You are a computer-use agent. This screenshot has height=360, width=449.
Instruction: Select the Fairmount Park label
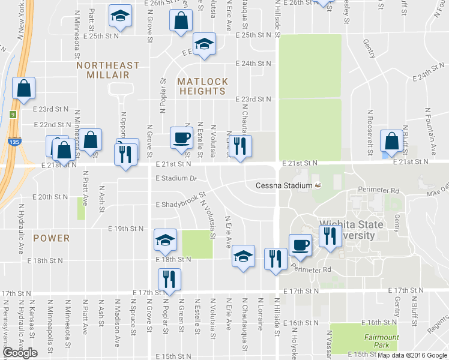click(380, 341)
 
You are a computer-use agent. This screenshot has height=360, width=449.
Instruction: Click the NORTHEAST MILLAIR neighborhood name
click(108, 70)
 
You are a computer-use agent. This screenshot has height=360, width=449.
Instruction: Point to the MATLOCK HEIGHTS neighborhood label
click(202, 86)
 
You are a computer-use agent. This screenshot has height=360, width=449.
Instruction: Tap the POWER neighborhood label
click(51, 238)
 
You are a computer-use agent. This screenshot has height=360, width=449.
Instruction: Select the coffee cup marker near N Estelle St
click(181, 137)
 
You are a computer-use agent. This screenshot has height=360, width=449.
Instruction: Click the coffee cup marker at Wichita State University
click(300, 244)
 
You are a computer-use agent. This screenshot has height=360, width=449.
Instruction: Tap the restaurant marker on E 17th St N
click(169, 279)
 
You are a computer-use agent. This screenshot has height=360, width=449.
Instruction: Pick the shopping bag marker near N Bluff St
click(391, 142)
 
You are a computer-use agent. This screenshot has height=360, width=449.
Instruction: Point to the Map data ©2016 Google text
click(411, 355)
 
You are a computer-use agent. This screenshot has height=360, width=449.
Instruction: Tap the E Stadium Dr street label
click(176, 178)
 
